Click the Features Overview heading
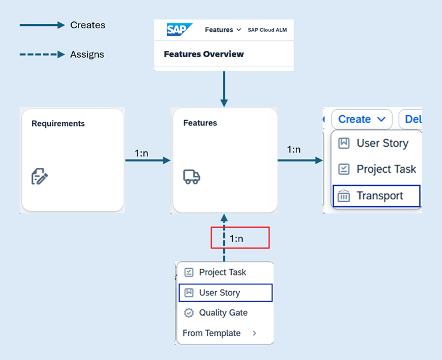(x=203, y=54)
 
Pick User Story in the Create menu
(x=382, y=143)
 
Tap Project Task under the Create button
(x=386, y=169)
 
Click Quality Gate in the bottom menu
(x=223, y=313)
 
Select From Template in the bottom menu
(x=211, y=333)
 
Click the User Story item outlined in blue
(x=220, y=293)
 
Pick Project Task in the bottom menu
(x=222, y=272)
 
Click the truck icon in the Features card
(x=191, y=177)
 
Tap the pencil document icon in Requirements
(x=39, y=176)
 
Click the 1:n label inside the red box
(x=240, y=238)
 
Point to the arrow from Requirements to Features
(x=148, y=160)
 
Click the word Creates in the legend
(x=88, y=25)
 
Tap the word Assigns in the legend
(x=87, y=54)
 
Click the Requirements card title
(x=58, y=123)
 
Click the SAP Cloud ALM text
(x=267, y=30)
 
